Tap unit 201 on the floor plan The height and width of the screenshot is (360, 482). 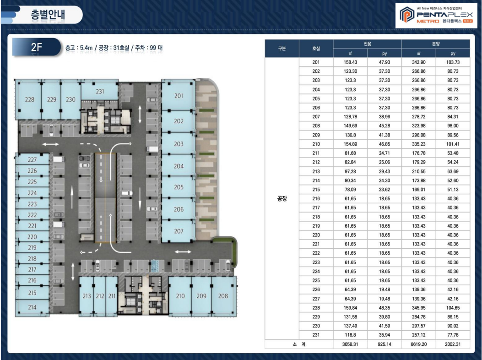(x=179, y=96)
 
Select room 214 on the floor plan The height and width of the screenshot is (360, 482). (x=32, y=307)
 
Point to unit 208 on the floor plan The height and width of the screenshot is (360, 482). (x=223, y=296)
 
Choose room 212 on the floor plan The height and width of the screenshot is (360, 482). (x=100, y=296)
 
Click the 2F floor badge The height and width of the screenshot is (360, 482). (x=36, y=47)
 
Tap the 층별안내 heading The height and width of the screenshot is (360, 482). (x=48, y=15)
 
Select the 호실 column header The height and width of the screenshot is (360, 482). (x=316, y=48)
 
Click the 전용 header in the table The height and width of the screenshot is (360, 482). (x=368, y=44)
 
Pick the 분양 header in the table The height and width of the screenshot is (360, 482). (x=436, y=44)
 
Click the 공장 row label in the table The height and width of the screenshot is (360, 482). (x=282, y=198)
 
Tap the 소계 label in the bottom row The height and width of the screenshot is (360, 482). (x=299, y=344)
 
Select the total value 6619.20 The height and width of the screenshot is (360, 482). (x=419, y=344)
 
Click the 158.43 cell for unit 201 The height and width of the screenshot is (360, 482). (x=351, y=62)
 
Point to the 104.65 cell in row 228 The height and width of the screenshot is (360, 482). (x=453, y=308)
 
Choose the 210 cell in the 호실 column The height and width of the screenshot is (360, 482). (x=316, y=144)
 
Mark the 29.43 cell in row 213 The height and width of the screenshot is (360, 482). (x=384, y=171)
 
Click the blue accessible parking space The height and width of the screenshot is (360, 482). (x=154, y=266)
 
